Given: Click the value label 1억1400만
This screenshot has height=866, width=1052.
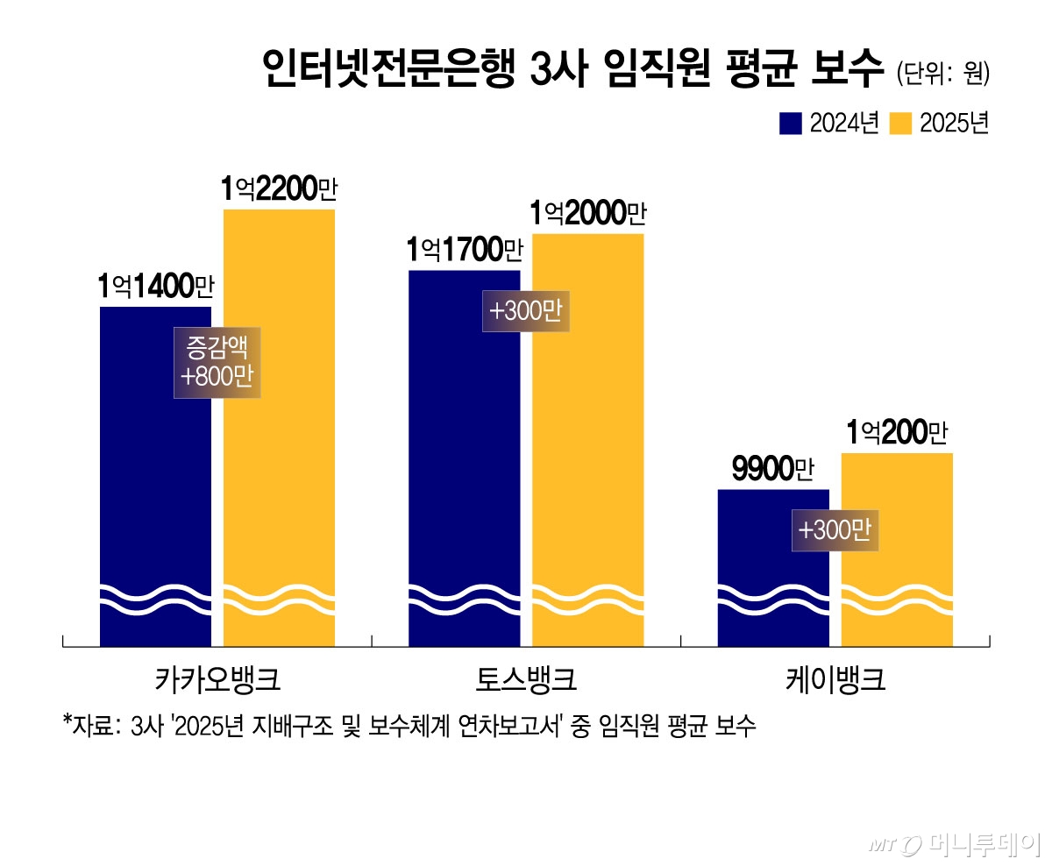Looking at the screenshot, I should point(156,286).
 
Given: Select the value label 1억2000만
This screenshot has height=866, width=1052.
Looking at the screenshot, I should point(588,213).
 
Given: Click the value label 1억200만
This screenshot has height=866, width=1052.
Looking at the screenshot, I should point(897,433).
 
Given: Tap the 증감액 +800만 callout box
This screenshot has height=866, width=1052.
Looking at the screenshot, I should point(217,362).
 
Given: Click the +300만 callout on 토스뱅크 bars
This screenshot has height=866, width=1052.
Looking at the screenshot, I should point(526,311).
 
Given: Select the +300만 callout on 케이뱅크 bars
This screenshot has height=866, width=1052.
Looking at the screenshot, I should point(835,530).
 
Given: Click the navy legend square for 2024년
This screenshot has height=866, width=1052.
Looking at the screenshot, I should point(791,124).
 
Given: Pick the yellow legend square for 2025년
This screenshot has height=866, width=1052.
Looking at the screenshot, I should point(900,124).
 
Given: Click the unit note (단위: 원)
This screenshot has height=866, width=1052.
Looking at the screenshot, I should point(943,74).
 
